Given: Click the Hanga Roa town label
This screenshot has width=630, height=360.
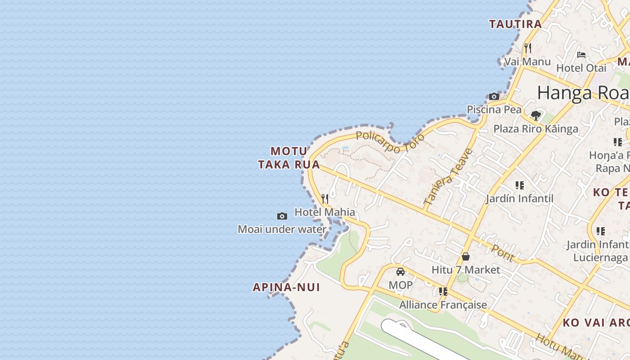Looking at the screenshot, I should [x=583, y=93].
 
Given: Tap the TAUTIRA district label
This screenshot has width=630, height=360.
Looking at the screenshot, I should [x=515, y=24].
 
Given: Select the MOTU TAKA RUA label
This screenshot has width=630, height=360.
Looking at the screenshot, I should [x=289, y=158].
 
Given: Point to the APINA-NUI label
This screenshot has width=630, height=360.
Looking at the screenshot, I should [x=286, y=287].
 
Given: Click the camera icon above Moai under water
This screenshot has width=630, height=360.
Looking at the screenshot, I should [x=282, y=216].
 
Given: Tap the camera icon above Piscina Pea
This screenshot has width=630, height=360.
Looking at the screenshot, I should [x=494, y=96].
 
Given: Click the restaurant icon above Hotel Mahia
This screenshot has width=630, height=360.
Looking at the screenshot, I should [x=324, y=199].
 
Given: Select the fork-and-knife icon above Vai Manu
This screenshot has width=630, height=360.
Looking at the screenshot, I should [x=528, y=48].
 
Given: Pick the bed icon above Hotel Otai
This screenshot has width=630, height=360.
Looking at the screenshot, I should [x=581, y=55].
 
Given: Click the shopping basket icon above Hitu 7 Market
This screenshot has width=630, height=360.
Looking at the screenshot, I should [x=466, y=256].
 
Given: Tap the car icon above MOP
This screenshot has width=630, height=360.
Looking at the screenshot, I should [x=400, y=272].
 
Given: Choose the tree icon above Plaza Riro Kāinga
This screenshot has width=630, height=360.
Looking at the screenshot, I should [x=535, y=116].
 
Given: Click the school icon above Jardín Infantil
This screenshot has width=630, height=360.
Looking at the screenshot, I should [x=520, y=185].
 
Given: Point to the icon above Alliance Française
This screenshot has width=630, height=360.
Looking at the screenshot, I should [x=443, y=292].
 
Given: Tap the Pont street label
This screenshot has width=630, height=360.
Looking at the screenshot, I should [x=503, y=252].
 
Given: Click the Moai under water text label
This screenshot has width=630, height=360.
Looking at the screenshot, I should [x=282, y=229].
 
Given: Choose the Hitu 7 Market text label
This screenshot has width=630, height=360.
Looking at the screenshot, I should [x=466, y=270].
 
